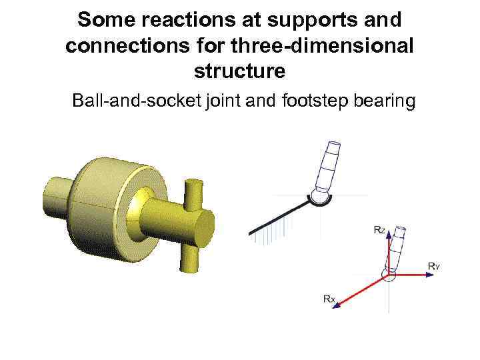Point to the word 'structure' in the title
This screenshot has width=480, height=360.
(x=240, y=70)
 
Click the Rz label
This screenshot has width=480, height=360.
(x=379, y=229)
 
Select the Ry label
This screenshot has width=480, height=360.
(x=434, y=267)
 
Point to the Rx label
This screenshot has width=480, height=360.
(x=329, y=299)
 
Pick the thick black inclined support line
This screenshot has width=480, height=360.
(x=280, y=217)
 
